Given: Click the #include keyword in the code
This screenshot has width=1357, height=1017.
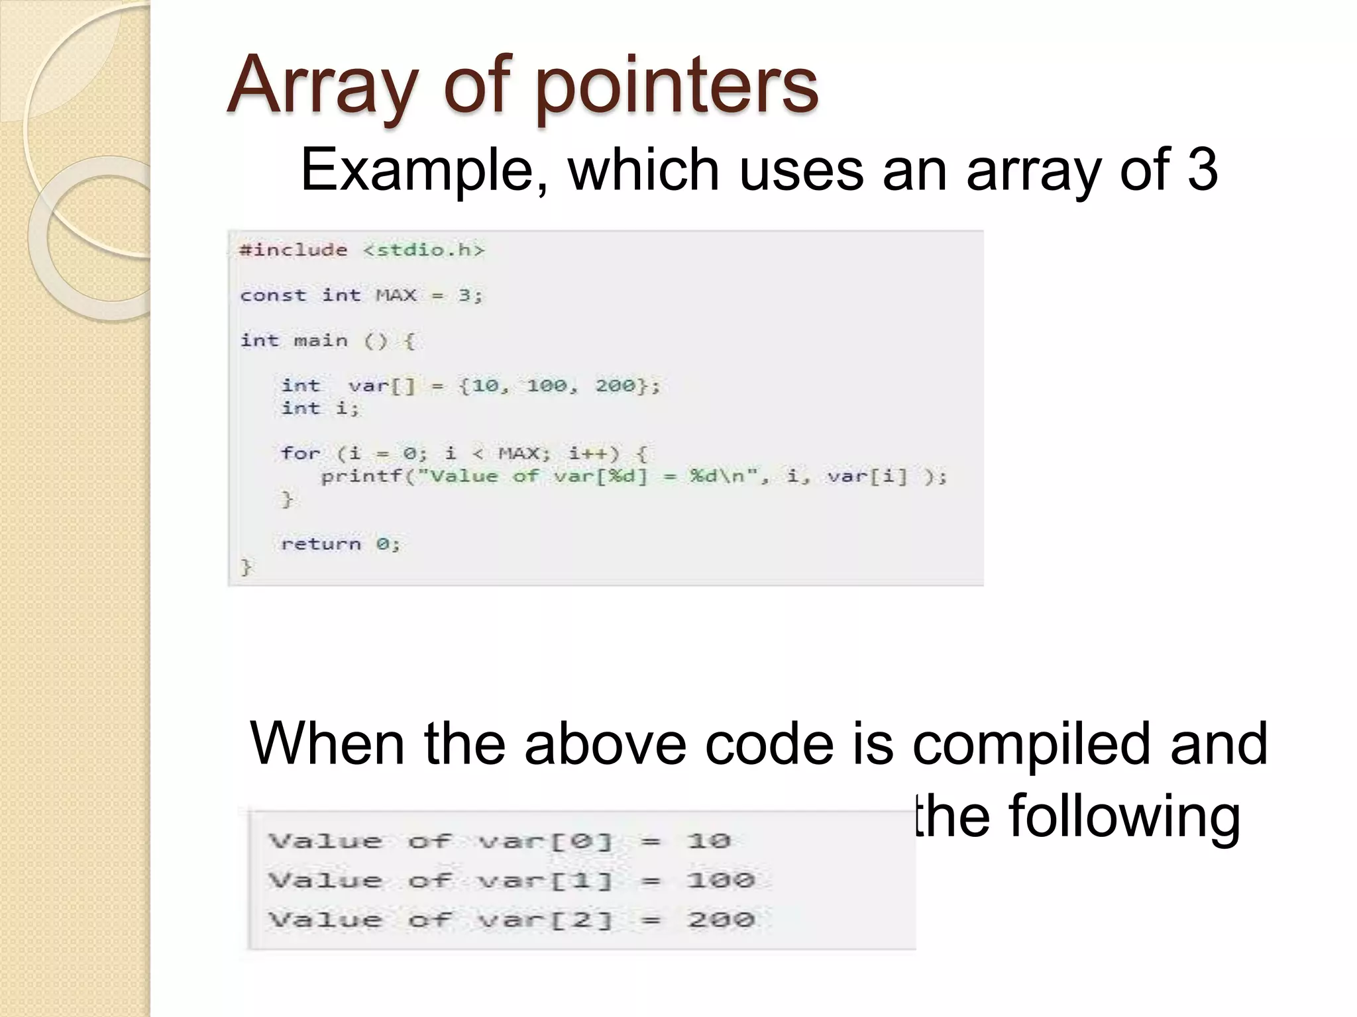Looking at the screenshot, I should [x=293, y=250].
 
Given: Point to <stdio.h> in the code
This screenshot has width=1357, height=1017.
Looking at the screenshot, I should [x=424, y=250].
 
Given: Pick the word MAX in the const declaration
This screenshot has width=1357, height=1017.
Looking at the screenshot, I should [x=396, y=295].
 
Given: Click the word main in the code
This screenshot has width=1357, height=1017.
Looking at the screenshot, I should [x=320, y=341].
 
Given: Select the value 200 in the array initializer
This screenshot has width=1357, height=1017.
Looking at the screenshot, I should [x=615, y=385].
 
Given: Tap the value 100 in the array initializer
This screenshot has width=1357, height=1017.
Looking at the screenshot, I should [x=547, y=385].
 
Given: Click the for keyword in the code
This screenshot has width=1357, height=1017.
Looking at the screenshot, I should [x=299, y=454].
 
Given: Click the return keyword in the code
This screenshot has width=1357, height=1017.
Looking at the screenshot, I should [x=321, y=544].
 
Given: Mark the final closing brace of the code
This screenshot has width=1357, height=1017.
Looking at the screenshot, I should [x=246, y=567].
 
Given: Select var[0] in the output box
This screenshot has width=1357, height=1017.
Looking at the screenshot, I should [x=545, y=842].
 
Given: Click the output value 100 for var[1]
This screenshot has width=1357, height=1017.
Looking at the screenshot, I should [x=720, y=881].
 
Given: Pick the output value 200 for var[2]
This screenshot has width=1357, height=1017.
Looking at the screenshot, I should [x=720, y=920].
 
